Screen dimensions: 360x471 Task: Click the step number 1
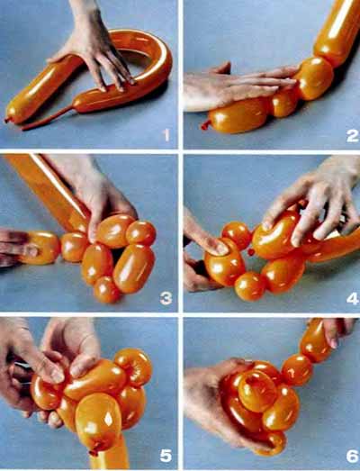[x=166, y=135]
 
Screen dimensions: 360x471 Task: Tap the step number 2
[x=352, y=136]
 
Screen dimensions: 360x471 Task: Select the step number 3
[x=166, y=299]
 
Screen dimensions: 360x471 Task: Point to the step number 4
[x=352, y=299]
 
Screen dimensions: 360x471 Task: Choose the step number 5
[x=166, y=457]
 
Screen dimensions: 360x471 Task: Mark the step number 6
[x=352, y=457]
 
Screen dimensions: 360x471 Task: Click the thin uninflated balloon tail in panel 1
[x=48, y=118]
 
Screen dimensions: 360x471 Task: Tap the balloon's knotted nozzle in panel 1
[x=6, y=120]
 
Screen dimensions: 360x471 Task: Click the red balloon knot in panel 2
[x=205, y=125]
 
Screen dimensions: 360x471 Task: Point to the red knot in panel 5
[x=94, y=452]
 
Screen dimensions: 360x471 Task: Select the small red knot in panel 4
[x=251, y=252]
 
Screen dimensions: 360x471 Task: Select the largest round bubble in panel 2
[x=315, y=78]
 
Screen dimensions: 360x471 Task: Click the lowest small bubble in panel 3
[x=105, y=290]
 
